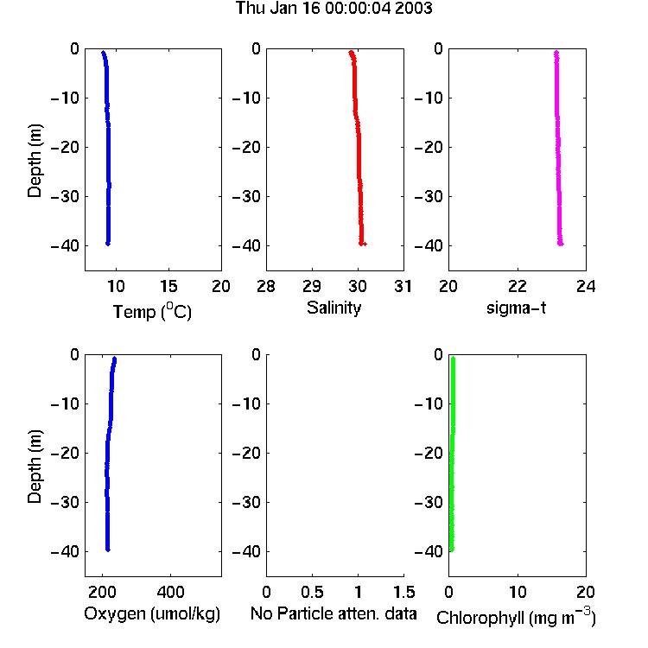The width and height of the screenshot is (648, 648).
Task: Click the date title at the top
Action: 334,8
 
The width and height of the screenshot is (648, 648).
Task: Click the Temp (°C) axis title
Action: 152,311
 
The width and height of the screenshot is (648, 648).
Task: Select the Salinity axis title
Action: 334,308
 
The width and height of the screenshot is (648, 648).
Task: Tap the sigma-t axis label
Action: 516,308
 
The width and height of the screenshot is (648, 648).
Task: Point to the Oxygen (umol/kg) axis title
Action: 152,613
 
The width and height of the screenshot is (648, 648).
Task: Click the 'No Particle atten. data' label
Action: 334,613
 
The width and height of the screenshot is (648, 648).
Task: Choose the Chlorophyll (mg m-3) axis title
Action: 516,616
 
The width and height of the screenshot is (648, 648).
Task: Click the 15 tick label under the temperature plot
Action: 168,286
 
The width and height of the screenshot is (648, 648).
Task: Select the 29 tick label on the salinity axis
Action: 312,286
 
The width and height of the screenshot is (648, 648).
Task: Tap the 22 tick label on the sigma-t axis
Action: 518,286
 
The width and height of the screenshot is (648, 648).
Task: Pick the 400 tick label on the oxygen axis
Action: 170,592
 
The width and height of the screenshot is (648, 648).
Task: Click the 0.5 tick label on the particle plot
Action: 312,592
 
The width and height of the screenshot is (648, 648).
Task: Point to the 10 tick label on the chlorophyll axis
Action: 518,592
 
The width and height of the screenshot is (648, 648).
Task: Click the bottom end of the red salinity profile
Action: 362,244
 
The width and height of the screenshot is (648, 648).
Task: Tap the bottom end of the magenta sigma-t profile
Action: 561,244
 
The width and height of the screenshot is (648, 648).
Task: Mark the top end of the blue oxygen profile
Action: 115,359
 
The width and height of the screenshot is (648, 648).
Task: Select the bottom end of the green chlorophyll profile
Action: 452,550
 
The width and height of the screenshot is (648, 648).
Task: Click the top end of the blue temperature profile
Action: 103,52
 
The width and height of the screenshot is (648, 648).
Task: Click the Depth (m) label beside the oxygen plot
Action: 35,467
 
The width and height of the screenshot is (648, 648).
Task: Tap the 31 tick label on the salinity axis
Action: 403,286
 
